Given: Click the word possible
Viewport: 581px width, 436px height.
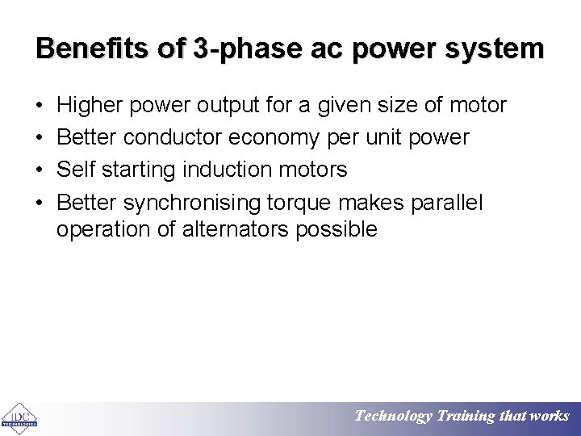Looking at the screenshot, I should (x=336, y=229).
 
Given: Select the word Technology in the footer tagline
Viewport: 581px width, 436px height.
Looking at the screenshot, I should (x=393, y=417).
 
